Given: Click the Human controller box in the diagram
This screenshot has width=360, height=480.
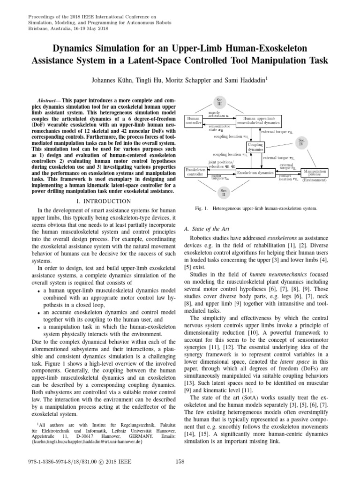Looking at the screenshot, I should pyautogui.click(x=193, y=121).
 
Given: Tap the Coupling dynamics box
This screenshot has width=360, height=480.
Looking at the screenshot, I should pyautogui.click(x=255, y=147).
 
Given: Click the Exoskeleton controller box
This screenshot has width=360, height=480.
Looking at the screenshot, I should pyautogui.click(x=195, y=172).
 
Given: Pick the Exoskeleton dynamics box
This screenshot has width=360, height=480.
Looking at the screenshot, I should pyautogui.click(x=255, y=172).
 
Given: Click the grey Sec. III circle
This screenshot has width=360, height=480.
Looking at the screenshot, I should pyautogui.click(x=220, y=102).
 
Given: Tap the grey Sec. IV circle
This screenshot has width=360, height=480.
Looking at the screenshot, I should pyautogui.click(x=302, y=142).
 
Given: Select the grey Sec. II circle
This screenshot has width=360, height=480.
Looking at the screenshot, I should pyautogui.click(x=224, y=192).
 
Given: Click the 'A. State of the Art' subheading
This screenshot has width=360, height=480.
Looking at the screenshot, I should pyautogui.click(x=207, y=228).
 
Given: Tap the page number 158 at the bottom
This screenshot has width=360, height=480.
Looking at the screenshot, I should pyautogui.click(x=180, y=461).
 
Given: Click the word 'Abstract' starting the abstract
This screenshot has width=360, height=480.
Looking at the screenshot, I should pyautogui.click(x=48, y=101).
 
